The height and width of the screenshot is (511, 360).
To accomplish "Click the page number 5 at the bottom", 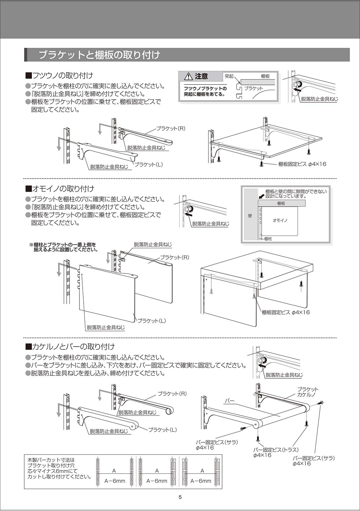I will pyautogui.click(x=180, y=497).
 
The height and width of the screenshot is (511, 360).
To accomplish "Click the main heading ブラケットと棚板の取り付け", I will pyautogui.click(x=99, y=55).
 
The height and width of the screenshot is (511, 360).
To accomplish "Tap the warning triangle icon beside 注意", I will pyautogui.click(x=188, y=76).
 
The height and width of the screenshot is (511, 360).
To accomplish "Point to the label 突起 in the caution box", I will pyautogui.click(x=229, y=76).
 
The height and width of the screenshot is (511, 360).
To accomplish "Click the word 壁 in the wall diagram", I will pyautogui.click(x=250, y=216).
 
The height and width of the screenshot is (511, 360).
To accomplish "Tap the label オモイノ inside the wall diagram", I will pyautogui.click(x=280, y=220).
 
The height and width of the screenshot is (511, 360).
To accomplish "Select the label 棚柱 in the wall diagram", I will pyautogui.click(x=268, y=239).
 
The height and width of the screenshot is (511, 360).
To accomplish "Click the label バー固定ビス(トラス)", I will pyautogui.click(x=275, y=450).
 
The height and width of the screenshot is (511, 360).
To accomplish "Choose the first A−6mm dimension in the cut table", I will pyautogui.click(x=115, y=481).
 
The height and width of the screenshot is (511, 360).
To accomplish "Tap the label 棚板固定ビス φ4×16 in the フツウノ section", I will pyautogui.click(x=302, y=164).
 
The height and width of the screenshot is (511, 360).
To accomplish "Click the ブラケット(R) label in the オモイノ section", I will pyautogui.click(x=174, y=257).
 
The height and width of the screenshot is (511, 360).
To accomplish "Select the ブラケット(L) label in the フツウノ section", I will pyautogui.click(x=148, y=164).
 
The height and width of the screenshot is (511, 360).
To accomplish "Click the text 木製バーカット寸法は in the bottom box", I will pyautogui.click(x=51, y=460).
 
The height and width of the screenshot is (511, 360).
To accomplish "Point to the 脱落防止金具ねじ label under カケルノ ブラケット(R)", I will pyautogui.click(x=138, y=413).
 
